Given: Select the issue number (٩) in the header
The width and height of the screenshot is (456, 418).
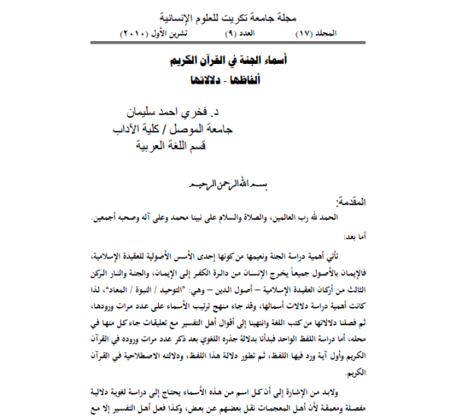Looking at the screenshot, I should (242, 34).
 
